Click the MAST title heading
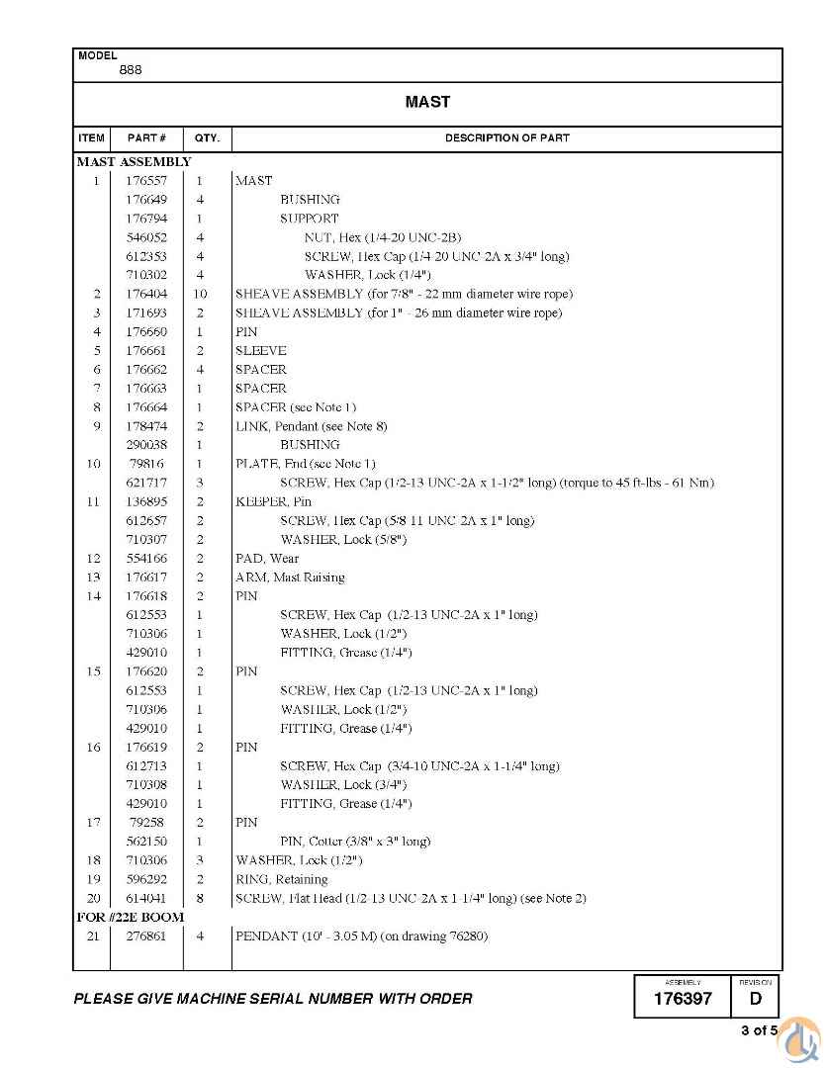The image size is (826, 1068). click(x=427, y=102)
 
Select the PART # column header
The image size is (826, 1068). click(x=146, y=138)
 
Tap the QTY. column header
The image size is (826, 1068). click(x=207, y=138)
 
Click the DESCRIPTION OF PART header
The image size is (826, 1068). click(x=506, y=138)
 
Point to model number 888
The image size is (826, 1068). click(x=130, y=70)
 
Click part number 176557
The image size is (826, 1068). click(x=145, y=181)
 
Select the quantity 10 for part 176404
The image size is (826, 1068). click(x=200, y=294)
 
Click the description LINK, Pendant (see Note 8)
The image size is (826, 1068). click(x=311, y=426)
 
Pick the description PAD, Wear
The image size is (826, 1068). click(x=267, y=559)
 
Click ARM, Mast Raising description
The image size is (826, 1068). click(x=290, y=578)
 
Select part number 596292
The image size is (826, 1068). click(x=145, y=879)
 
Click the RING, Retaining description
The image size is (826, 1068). click(x=281, y=879)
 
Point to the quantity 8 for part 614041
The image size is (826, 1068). click(x=200, y=898)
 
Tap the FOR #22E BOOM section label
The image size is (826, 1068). click(x=131, y=917)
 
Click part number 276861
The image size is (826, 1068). click(x=145, y=935)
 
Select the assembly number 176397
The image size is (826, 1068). click(x=683, y=999)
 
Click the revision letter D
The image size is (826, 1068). click(x=756, y=999)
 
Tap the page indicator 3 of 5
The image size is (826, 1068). click(x=759, y=1031)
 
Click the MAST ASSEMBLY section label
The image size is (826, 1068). click(x=134, y=161)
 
